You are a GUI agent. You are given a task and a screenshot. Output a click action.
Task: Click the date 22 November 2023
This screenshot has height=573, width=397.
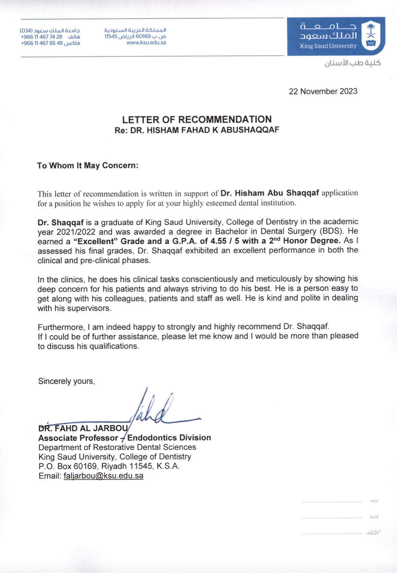tap(323, 91)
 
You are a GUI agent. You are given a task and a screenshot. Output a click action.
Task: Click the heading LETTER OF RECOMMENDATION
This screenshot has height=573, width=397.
tap(197, 119)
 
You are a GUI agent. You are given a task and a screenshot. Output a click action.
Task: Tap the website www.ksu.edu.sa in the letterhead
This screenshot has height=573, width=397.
tap(146, 43)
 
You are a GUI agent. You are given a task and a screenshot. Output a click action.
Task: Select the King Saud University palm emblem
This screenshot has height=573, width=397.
tap(371, 35)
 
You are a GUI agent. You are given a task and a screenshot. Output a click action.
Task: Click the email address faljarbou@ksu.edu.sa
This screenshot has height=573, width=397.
tap(103, 476)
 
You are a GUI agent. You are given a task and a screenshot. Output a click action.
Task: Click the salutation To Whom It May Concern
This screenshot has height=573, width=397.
tap(87, 165)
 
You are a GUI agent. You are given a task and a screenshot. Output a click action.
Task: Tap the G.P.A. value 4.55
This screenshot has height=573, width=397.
tap(218, 241)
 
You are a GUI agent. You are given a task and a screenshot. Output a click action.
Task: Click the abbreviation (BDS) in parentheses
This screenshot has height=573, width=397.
tap(331, 231)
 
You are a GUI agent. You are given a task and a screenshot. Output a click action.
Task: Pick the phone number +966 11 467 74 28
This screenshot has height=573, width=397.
tap(42, 37)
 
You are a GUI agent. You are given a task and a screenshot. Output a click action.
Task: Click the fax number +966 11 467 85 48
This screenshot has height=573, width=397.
tap(42, 43)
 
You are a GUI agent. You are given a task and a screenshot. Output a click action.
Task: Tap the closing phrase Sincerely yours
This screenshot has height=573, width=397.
tap(66, 381)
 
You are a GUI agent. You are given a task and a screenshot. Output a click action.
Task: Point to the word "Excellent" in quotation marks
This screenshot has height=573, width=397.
tap(96, 241)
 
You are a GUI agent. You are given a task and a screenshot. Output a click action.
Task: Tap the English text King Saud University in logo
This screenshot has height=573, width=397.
tap(328, 46)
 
